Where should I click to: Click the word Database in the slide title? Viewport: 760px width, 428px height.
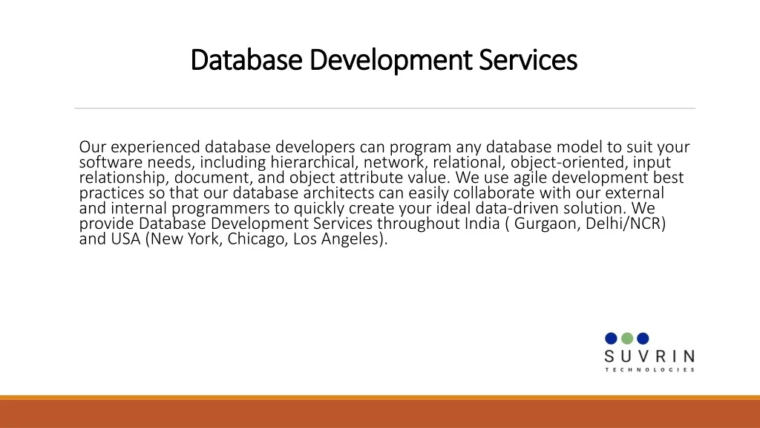[246, 59]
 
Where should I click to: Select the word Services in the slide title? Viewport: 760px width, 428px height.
[528, 59]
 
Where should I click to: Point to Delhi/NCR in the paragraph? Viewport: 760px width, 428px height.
[626, 224]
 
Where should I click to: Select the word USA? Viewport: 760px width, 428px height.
[125, 239]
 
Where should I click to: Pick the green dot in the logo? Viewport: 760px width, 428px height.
[627, 338]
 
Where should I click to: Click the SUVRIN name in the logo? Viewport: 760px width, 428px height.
[649, 357]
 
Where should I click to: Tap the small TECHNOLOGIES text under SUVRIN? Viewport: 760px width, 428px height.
[650, 370]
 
